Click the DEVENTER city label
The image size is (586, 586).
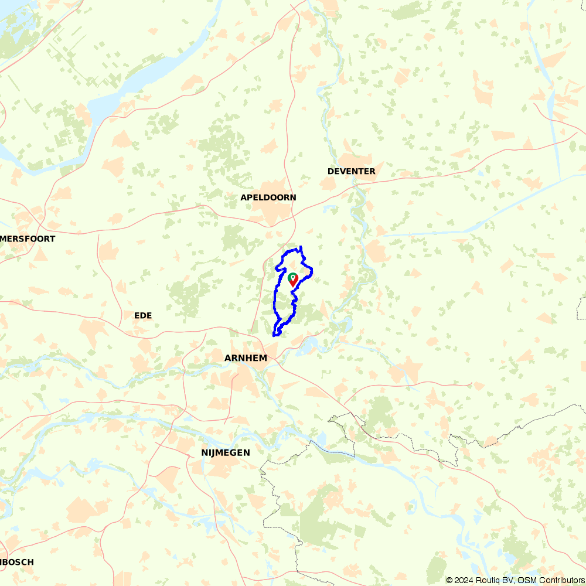point(352,171)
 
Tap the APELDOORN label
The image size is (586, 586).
point(268,197)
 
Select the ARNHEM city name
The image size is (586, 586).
point(246,358)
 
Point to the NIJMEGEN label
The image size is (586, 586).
point(226,452)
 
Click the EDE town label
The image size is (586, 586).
point(143,315)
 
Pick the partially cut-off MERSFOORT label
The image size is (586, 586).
point(28,239)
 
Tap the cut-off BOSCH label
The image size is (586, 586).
point(17,562)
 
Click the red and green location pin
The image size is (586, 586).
point(293,280)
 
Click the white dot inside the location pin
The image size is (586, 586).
point(292,276)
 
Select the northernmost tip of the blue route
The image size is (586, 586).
point(301,247)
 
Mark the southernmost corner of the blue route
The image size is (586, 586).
point(274,336)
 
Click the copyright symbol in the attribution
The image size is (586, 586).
point(449,580)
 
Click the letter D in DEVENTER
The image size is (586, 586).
point(331,171)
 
